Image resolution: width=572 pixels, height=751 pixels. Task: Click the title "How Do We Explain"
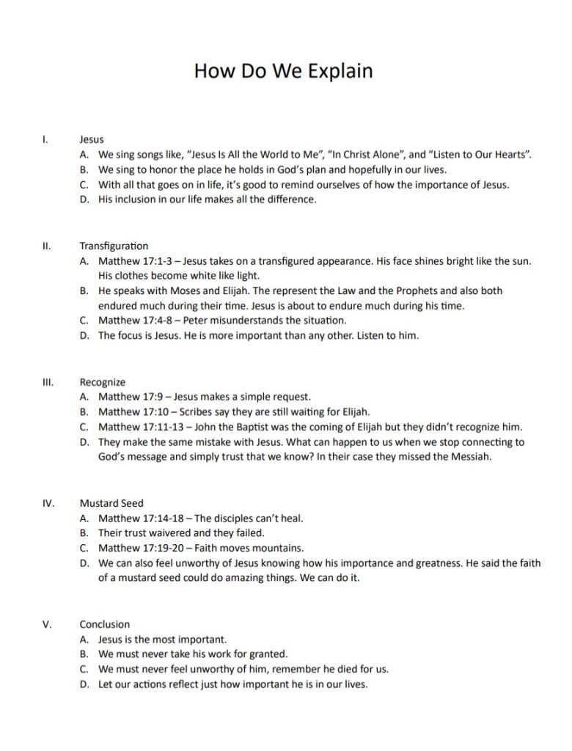[283, 71]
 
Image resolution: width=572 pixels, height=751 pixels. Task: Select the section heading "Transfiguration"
[114, 246]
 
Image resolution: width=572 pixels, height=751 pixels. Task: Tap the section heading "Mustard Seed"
[111, 503]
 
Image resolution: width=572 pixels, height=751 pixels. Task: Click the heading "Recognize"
[103, 382]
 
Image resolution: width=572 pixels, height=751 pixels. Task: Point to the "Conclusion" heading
[105, 624]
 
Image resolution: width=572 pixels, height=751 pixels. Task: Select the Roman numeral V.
[47, 624]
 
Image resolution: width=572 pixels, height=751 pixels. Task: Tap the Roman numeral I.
[45, 139]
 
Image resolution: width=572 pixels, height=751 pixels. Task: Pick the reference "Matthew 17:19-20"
[139, 548]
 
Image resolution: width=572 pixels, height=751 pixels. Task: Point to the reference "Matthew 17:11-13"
[139, 427]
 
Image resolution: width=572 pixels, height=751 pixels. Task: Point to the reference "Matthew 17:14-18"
[139, 518]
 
